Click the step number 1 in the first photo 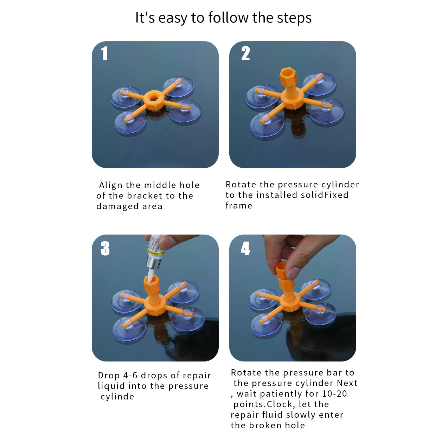104,53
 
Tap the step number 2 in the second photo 245,53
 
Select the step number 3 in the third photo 105,248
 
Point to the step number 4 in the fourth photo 245,248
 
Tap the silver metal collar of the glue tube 153,263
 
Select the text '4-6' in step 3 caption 130,375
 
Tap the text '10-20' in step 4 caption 334,393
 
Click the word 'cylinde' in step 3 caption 117,396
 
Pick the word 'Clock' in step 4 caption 280,404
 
